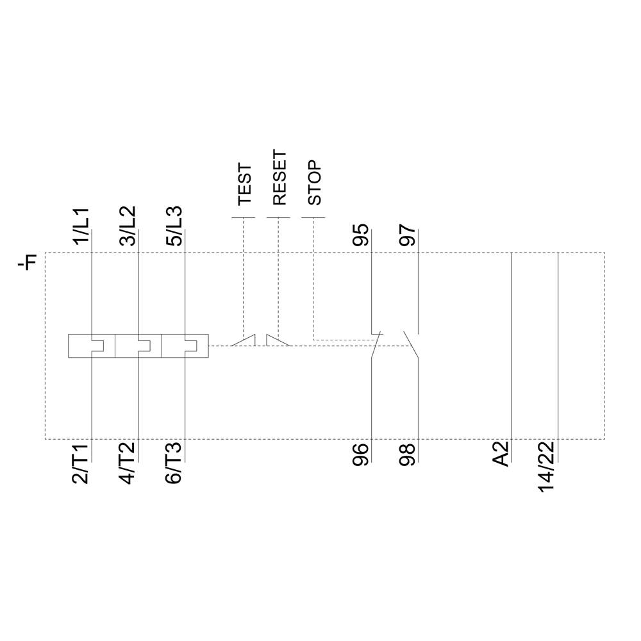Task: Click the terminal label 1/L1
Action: [82, 225]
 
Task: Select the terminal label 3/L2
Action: [128, 225]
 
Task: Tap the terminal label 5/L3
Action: [174, 225]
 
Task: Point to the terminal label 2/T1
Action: [82, 463]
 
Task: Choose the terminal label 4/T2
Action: [128, 463]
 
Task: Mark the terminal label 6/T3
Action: [174, 463]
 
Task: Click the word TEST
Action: [244, 185]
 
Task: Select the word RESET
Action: [279, 178]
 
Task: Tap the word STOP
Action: [314, 183]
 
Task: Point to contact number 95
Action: [362, 235]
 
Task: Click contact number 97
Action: [408, 235]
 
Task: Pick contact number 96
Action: [362, 454]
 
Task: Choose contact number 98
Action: [408, 454]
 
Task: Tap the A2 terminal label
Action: [501, 453]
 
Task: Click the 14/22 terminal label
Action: [548, 466]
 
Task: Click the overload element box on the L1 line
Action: [92, 345]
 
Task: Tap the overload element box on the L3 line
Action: [185, 345]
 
